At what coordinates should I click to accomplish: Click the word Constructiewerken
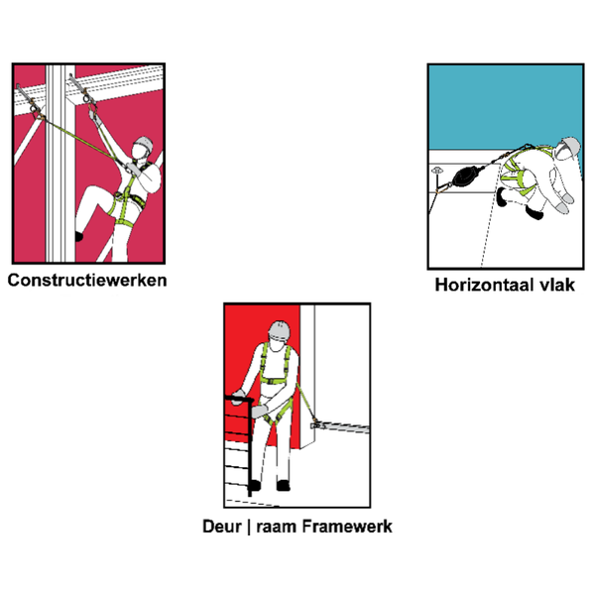pos(87,280)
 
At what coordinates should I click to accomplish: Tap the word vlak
pos(557,286)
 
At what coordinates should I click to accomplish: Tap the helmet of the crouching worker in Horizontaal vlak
pos(566,148)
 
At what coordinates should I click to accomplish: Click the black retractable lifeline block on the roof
pos(463,179)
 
